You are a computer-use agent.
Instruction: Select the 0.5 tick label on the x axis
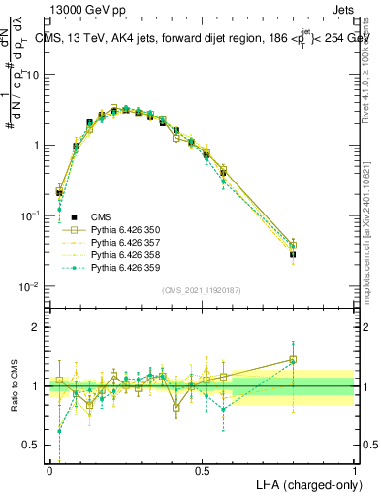point(202,470)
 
